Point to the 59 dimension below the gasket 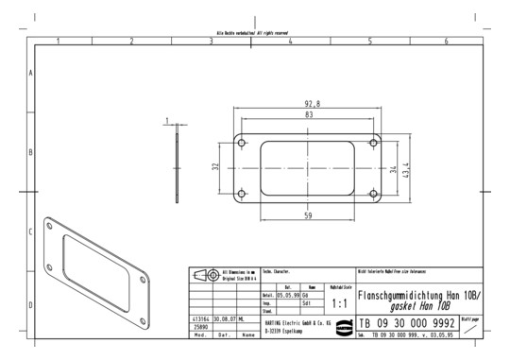coord(308,217)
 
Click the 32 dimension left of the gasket coord(215,167)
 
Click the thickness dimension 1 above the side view coord(167,120)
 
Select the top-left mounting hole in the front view coord(242,143)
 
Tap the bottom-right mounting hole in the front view coord(373,194)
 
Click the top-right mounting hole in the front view coord(373,143)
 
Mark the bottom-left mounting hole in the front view coord(242,194)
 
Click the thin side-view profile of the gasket coord(177,167)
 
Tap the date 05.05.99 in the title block coord(287,295)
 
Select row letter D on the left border coord(31,305)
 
